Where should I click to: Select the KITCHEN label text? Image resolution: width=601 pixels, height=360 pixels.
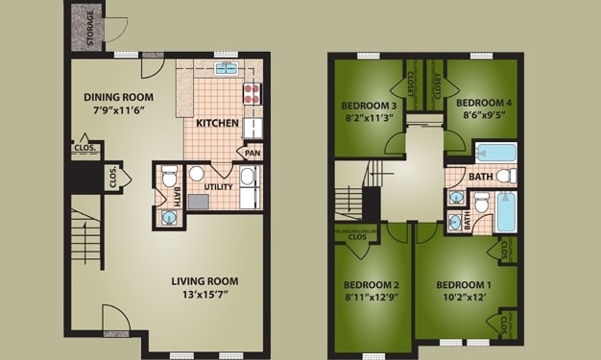click(218, 124)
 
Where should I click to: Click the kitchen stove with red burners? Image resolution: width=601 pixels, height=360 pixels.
click(252, 94)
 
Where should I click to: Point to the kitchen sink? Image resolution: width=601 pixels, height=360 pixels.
click(227, 68)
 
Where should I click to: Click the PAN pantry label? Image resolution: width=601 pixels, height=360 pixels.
click(252, 153)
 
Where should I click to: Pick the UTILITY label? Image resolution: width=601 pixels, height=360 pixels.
click(219, 187)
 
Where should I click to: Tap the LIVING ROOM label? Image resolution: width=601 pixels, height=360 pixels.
click(204, 281)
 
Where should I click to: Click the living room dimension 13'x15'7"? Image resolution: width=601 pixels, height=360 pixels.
click(204, 295)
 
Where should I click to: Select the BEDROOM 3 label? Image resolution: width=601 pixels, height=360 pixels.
click(370, 106)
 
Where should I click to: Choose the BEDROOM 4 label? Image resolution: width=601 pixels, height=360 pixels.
click(483, 102)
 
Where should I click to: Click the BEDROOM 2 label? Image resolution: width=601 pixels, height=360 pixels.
click(372, 286)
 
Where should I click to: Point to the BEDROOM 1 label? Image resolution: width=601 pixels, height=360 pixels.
click(464, 286)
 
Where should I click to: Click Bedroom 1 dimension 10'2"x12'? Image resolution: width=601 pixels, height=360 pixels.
click(464, 300)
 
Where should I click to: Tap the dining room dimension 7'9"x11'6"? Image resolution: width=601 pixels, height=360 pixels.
click(118, 111)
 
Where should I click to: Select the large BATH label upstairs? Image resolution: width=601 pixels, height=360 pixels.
click(480, 177)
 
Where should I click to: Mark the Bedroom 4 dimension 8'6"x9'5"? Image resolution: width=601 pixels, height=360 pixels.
click(483, 114)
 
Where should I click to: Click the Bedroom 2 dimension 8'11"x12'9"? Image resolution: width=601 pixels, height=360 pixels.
click(372, 300)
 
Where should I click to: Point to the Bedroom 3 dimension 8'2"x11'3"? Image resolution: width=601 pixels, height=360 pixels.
click(370, 119)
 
